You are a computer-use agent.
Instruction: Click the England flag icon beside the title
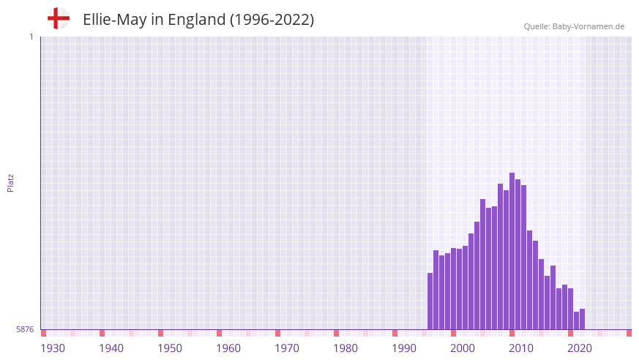58,18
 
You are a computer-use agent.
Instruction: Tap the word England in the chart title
196,20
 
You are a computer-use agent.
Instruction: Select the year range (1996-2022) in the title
272,20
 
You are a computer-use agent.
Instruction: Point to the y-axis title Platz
10,183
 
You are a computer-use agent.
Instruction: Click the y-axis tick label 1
31,37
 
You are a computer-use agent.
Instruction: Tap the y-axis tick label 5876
25,330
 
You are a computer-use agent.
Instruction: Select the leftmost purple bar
430,301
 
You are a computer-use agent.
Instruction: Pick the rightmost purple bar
582,319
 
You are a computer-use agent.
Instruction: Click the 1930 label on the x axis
53,348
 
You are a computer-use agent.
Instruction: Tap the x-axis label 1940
111,348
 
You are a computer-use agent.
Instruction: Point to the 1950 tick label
170,348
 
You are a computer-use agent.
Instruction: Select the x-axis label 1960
228,348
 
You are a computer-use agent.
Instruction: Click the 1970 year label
287,348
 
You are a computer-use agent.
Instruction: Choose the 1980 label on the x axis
345,348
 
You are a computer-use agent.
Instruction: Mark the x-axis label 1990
404,348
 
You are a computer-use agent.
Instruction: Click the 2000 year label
463,348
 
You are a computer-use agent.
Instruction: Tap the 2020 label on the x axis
580,348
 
